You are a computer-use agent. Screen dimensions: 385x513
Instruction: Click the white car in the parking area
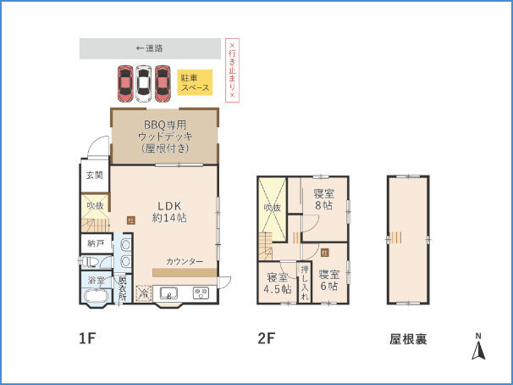143,81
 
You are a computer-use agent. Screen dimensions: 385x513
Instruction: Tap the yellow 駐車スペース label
195,82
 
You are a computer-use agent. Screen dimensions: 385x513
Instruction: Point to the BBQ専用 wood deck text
164,136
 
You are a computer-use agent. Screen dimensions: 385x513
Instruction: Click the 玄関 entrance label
94,176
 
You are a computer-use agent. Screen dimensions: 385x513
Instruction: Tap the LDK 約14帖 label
169,211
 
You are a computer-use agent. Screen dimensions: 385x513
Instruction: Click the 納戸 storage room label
95,243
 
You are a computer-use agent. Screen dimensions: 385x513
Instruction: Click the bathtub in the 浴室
95,296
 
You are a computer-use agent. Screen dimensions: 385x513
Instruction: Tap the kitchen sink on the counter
168,295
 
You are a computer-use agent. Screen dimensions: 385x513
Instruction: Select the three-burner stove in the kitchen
201,294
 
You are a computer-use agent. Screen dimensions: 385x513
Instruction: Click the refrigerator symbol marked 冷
142,293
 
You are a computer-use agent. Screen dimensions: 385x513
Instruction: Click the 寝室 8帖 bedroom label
323,199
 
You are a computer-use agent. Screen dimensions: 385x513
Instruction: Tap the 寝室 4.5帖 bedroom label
277,283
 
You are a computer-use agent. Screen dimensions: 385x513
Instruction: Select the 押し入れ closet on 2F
305,282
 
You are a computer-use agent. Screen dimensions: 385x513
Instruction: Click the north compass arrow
477,348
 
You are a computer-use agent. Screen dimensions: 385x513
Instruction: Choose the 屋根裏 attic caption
408,339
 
